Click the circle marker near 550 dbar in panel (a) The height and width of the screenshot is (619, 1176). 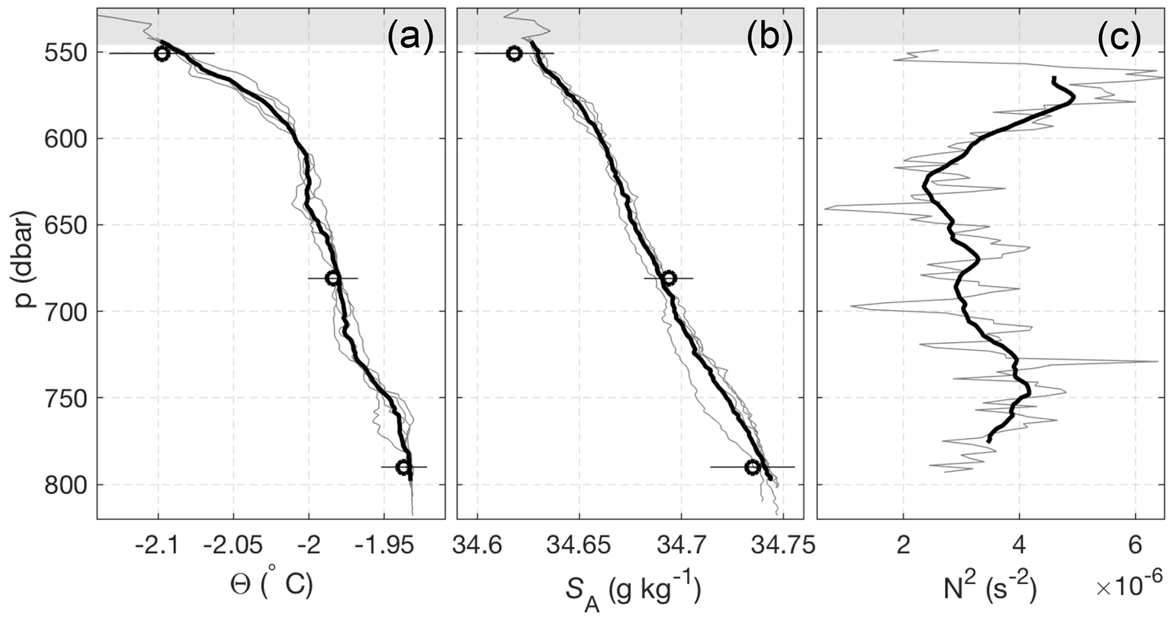coord(162,53)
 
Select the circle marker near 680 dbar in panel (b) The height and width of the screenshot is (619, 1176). coord(669,278)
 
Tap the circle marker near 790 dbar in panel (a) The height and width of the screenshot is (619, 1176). coord(403,467)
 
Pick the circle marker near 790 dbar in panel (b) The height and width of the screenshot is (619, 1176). coord(753,467)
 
